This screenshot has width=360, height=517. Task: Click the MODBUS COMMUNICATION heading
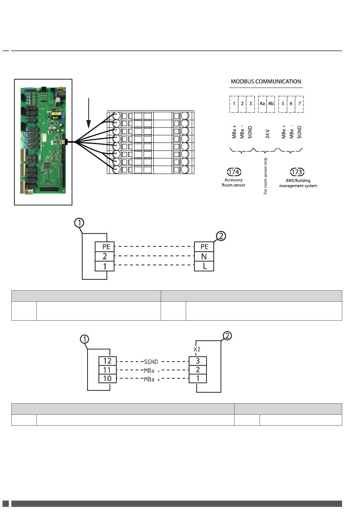click(266, 81)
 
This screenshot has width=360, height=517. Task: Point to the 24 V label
click(268, 134)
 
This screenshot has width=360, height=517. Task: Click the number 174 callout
click(234, 172)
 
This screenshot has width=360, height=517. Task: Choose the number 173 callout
click(297, 172)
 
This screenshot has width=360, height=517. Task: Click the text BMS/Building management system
click(298, 183)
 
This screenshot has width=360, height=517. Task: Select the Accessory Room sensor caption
click(233, 182)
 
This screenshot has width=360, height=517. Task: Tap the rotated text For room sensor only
click(265, 176)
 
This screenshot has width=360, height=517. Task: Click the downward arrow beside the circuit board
click(89, 113)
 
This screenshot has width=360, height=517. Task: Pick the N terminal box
click(204, 257)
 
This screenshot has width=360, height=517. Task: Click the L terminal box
click(204, 266)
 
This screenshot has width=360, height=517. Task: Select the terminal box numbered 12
click(108, 361)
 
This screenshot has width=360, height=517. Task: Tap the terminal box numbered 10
click(108, 379)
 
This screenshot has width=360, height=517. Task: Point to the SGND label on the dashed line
click(151, 362)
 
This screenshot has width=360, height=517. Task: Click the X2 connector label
click(197, 349)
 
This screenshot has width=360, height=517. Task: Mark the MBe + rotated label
click(283, 132)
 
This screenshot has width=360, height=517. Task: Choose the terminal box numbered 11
click(108, 370)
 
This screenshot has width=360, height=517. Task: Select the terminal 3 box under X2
click(198, 361)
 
